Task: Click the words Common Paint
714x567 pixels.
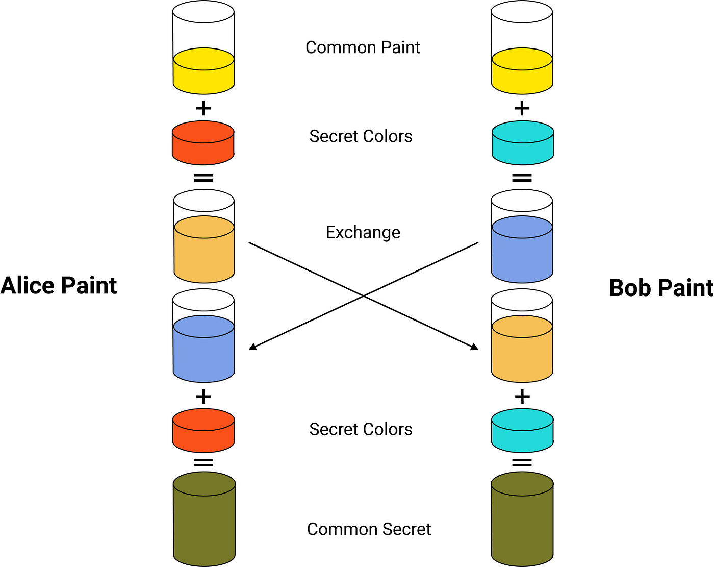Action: pos(363,47)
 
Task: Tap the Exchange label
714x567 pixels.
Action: pos(363,232)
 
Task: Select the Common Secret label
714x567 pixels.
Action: pos(369,529)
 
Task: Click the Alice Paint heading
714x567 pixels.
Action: pos(59,285)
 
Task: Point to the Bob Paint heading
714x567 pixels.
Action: pos(661,288)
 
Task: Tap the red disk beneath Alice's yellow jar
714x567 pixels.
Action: pos(203,143)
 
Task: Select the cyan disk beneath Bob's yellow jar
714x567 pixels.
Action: pos(523,143)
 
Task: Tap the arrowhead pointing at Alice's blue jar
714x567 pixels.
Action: pos(252,347)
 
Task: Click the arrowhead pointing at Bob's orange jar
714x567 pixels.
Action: pos(474,347)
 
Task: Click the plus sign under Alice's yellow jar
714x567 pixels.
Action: pos(203,109)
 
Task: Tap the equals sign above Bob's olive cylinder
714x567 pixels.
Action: pos(522,463)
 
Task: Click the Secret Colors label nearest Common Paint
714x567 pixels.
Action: pos(361,136)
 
